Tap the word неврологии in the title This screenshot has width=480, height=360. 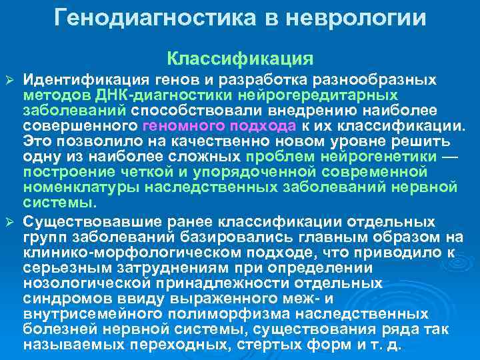coord(355,17)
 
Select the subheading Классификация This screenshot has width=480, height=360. coord(240,59)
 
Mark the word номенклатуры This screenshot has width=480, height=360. coord(81,186)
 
